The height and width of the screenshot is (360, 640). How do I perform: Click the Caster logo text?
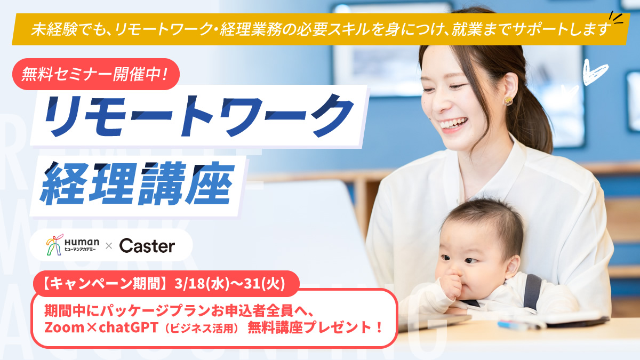147,246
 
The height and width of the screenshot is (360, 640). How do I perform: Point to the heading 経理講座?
137,181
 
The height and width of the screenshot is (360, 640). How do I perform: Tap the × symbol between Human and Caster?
108,246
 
